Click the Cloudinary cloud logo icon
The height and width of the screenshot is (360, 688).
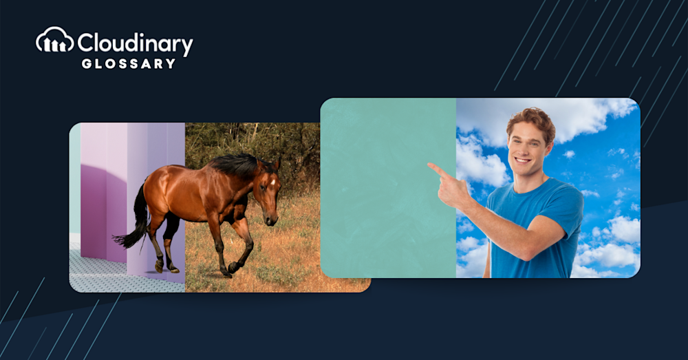[55, 41]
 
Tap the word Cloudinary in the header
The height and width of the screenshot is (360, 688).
[135, 43]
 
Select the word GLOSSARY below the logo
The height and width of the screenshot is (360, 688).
[129, 64]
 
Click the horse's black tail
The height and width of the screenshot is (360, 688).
[135, 220]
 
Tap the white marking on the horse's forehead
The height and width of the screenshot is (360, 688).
[273, 181]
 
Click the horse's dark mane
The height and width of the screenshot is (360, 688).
[237, 165]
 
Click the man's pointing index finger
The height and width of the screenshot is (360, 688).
[438, 170]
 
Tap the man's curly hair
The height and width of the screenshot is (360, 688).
[532, 120]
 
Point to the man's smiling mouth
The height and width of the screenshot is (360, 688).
[522, 160]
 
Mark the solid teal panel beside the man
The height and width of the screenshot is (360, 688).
[388, 188]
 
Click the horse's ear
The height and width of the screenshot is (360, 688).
[277, 165]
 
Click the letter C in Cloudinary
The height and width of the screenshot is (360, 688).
[87, 43]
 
